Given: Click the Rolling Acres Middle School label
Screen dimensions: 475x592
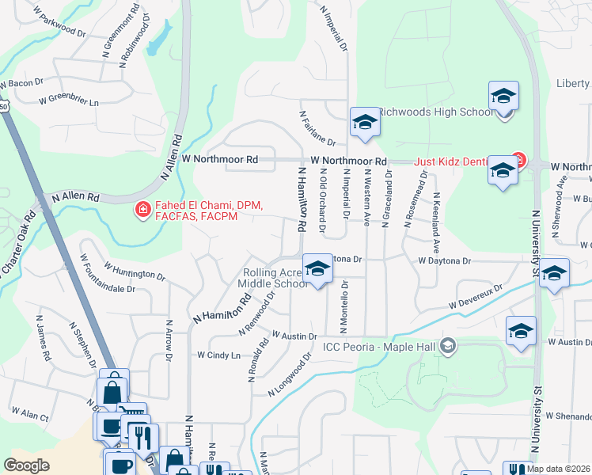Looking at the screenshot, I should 273,278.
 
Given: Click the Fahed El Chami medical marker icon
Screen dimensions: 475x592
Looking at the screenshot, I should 142,210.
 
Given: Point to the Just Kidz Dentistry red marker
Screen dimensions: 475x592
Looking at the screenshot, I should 518,161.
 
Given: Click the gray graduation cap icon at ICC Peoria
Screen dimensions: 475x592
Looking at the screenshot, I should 448,345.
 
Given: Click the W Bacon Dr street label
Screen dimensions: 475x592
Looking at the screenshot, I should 21,83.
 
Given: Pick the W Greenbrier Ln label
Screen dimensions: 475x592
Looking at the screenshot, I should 70,101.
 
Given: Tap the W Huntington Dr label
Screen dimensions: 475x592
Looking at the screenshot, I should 134,272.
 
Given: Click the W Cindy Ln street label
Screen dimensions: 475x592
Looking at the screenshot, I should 218,355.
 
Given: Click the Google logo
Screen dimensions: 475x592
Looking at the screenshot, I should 26,465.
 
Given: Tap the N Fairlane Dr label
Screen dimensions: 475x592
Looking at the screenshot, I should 317,127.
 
